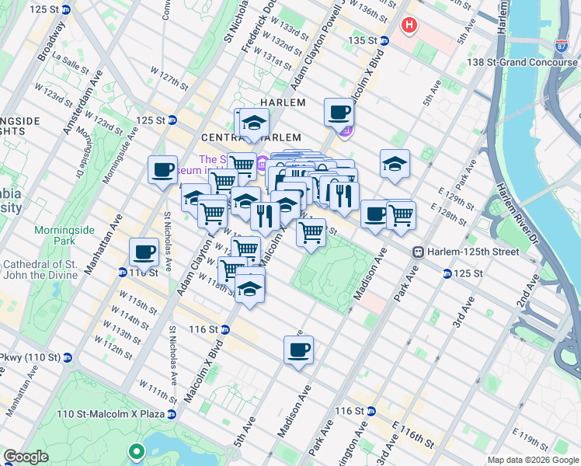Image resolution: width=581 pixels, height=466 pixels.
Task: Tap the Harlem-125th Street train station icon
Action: [x=418, y=252]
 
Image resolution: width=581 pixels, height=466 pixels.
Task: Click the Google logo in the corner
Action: [x=26, y=456]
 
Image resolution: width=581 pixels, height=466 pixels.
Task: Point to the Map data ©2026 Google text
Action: [x=532, y=460]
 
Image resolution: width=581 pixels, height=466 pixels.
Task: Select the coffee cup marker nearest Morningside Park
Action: [x=145, y=252]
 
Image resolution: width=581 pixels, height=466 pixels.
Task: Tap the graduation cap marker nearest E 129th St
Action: [x=395, y=164]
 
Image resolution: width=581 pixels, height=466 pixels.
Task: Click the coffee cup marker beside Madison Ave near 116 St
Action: [x=298, y=350]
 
